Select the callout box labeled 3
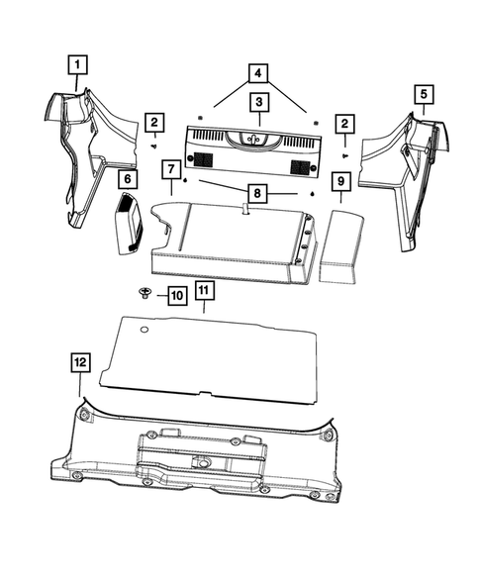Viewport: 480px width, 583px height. click(257, 102)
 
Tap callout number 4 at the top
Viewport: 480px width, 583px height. click(257, 72)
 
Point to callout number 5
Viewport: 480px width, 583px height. click(423, 94)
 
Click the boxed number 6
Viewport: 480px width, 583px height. click(127, 179)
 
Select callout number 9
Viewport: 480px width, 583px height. click(338, 181)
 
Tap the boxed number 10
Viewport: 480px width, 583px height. click(176, 295)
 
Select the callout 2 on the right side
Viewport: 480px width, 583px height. click(344, 123)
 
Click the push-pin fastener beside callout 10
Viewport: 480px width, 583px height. click(145, 294)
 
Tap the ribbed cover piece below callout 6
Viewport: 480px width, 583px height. click(129, 225)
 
